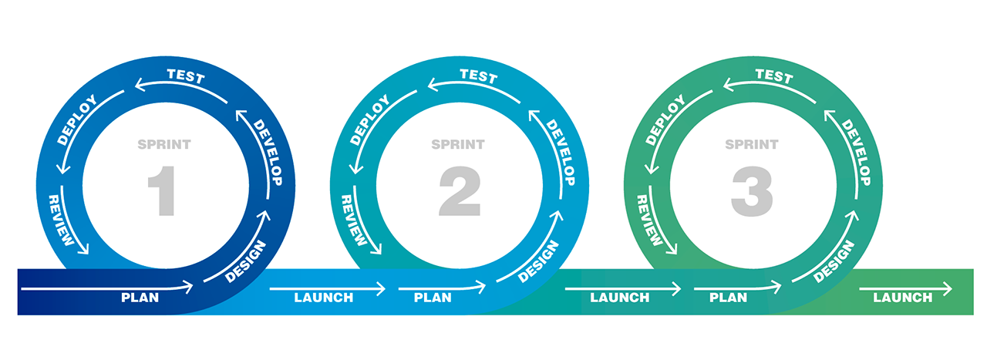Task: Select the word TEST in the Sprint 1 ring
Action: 186,76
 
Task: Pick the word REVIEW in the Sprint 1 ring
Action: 62,220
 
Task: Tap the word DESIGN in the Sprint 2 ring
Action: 539,261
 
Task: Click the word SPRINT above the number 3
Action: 752,144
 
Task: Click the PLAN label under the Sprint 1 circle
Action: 140,298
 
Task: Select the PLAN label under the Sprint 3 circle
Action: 728,298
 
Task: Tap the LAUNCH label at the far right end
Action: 903,298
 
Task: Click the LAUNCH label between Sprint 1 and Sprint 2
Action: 324,298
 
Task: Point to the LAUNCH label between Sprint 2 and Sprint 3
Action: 620,298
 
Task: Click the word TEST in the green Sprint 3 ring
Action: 773,76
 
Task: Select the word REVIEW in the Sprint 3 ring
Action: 650,220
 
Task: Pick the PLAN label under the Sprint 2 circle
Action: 433,298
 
